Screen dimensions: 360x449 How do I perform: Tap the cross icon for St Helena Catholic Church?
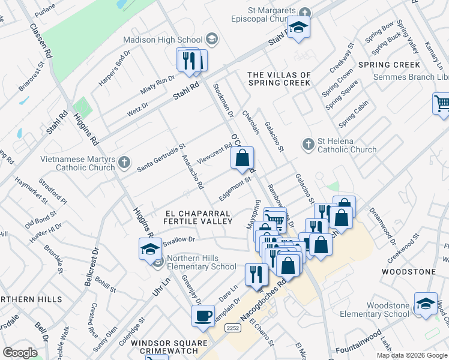[308, 144]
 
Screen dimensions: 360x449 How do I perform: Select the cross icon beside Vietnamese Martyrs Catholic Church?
[124, 162]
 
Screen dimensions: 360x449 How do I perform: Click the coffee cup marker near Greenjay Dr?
[203, 316]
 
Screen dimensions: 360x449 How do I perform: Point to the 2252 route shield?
[234, 328]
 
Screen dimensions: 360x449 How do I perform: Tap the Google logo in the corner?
[20, 353]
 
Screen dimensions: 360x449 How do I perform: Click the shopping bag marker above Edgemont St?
[242, 159]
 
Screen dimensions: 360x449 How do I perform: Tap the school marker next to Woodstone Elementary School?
[426, 303]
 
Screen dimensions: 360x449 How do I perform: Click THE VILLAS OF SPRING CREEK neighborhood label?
[279, 79]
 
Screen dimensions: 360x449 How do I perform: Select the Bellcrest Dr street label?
[95, 265]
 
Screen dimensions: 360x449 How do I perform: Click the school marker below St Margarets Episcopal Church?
[298, 28]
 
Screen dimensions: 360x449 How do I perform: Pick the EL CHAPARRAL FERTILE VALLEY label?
[199, 217]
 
